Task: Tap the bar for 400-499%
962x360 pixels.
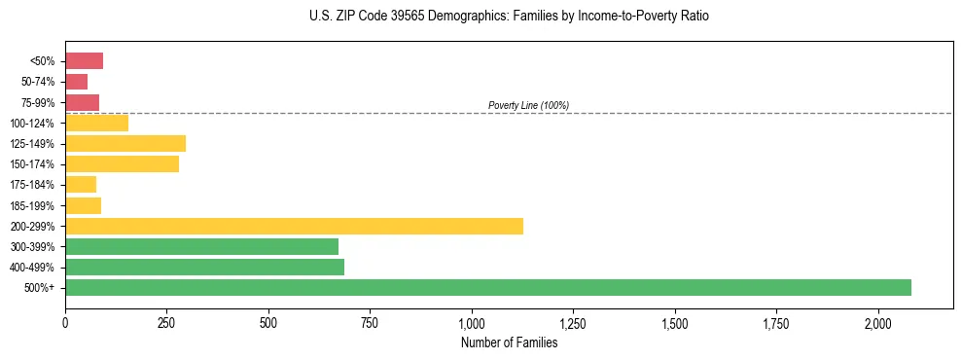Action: (x=204, y=267)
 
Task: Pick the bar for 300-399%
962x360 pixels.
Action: (x=201, y=246)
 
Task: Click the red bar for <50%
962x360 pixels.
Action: (x=84, y=61)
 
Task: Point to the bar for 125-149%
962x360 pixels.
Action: (x=125, y=144)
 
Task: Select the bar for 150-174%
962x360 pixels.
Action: (x=122, y=164)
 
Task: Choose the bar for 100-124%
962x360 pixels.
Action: (x=96, y=123)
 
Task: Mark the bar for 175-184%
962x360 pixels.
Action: (x=81, y=185)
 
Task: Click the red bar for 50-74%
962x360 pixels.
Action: (x=76, y=82)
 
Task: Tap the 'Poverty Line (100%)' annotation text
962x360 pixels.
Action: (x=528, y=105)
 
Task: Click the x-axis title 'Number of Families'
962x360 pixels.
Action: (x=509, y=342)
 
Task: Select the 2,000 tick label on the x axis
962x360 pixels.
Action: (x=877, y=322)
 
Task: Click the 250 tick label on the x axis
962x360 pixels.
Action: (x=166, y=322)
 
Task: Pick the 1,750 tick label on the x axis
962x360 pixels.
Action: (x=776, y=322)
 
